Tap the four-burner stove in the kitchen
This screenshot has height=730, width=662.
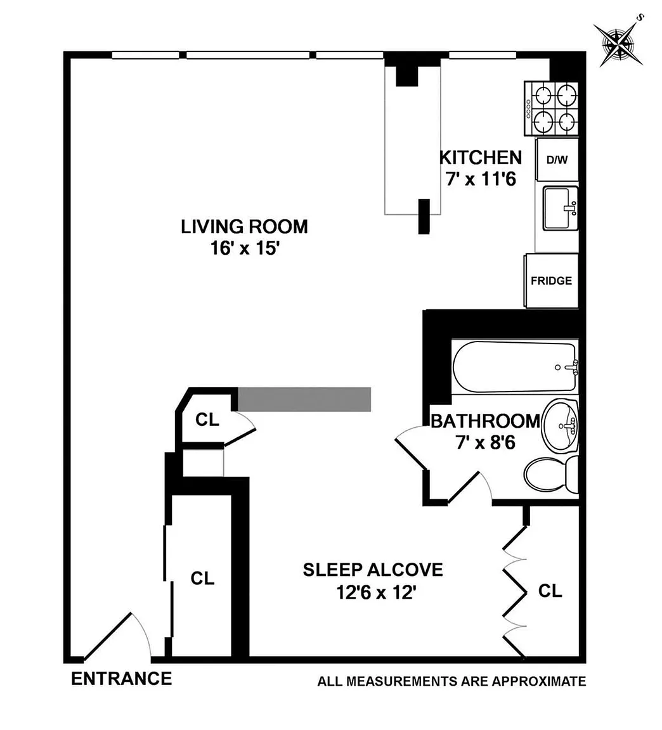[552, 108]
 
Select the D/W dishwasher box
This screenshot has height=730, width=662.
[557, 159]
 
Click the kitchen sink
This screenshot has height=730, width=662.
[561, 208]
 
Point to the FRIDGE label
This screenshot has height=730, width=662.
[552, 281]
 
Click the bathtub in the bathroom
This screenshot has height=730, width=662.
[516, 367]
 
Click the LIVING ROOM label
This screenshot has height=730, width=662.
[245, 227]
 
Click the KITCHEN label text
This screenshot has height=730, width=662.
[481, 158]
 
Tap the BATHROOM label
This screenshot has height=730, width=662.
[485, 421]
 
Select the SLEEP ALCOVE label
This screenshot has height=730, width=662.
[373, 570]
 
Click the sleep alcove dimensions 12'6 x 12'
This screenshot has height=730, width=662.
[376, 592]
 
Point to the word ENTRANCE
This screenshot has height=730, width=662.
[122, 679]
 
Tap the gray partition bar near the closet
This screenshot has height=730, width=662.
[304, 399]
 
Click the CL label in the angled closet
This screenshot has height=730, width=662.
[207, 419]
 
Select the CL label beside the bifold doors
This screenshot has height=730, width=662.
[550, 591]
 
